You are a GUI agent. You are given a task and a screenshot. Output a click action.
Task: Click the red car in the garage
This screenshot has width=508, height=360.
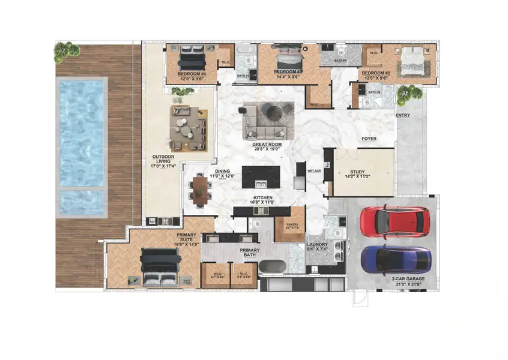[395, 221]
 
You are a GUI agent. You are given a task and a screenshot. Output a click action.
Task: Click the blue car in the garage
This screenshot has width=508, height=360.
[396, 259]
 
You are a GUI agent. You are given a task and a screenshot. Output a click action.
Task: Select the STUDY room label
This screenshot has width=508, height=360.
[357, 175]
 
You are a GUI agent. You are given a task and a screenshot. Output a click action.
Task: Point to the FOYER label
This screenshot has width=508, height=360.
[369, 139]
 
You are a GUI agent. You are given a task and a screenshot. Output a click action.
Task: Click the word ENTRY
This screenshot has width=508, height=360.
[402, 115]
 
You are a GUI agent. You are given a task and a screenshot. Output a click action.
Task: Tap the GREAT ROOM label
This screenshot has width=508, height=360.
[267, 146]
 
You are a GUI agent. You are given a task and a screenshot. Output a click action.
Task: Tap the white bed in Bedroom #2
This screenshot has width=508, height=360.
[413, 61]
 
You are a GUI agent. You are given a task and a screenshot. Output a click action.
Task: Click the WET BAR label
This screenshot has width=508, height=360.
[314, 171]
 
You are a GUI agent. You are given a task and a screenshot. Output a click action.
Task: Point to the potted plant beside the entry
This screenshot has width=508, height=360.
[410, 93]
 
